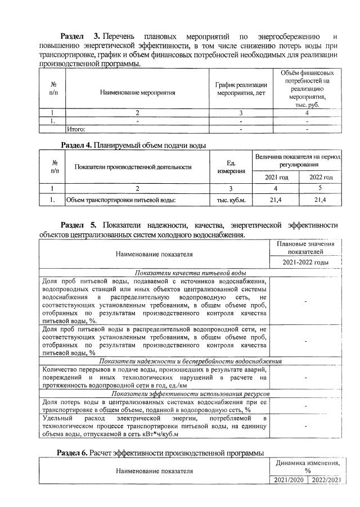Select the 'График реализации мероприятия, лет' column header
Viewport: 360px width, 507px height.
(241, 88)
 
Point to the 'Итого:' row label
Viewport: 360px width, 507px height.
(76, 129)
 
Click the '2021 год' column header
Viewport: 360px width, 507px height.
(276, 177)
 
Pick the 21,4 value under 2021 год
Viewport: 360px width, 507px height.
(276, 200)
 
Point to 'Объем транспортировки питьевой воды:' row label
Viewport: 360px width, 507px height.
(121, 200)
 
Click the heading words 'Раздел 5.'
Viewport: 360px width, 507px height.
(79, 225)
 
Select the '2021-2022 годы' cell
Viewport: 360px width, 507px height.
(305, 262)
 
